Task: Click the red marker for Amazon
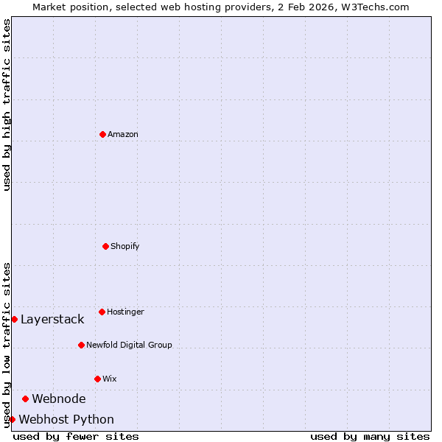[102, 134]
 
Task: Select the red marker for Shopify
[105, 246]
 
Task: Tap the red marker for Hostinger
[102, 312]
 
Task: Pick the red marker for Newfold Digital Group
[81, 345]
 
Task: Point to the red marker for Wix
[97, 379]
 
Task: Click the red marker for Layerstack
[14, 319]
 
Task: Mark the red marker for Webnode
[25, 399]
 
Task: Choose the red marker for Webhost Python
[12, 419]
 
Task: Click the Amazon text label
[123, 134]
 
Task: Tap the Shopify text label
[125, 246]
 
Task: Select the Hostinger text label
[125, 312]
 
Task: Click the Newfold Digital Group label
[129, 345]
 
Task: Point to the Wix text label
[110, 379]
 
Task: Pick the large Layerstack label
[52, 319]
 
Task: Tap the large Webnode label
[59, 399]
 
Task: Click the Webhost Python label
[66, 419]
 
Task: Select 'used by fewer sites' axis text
[76, 436]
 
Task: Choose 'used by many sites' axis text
[370, 436]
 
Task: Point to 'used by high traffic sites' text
[7, 105]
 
